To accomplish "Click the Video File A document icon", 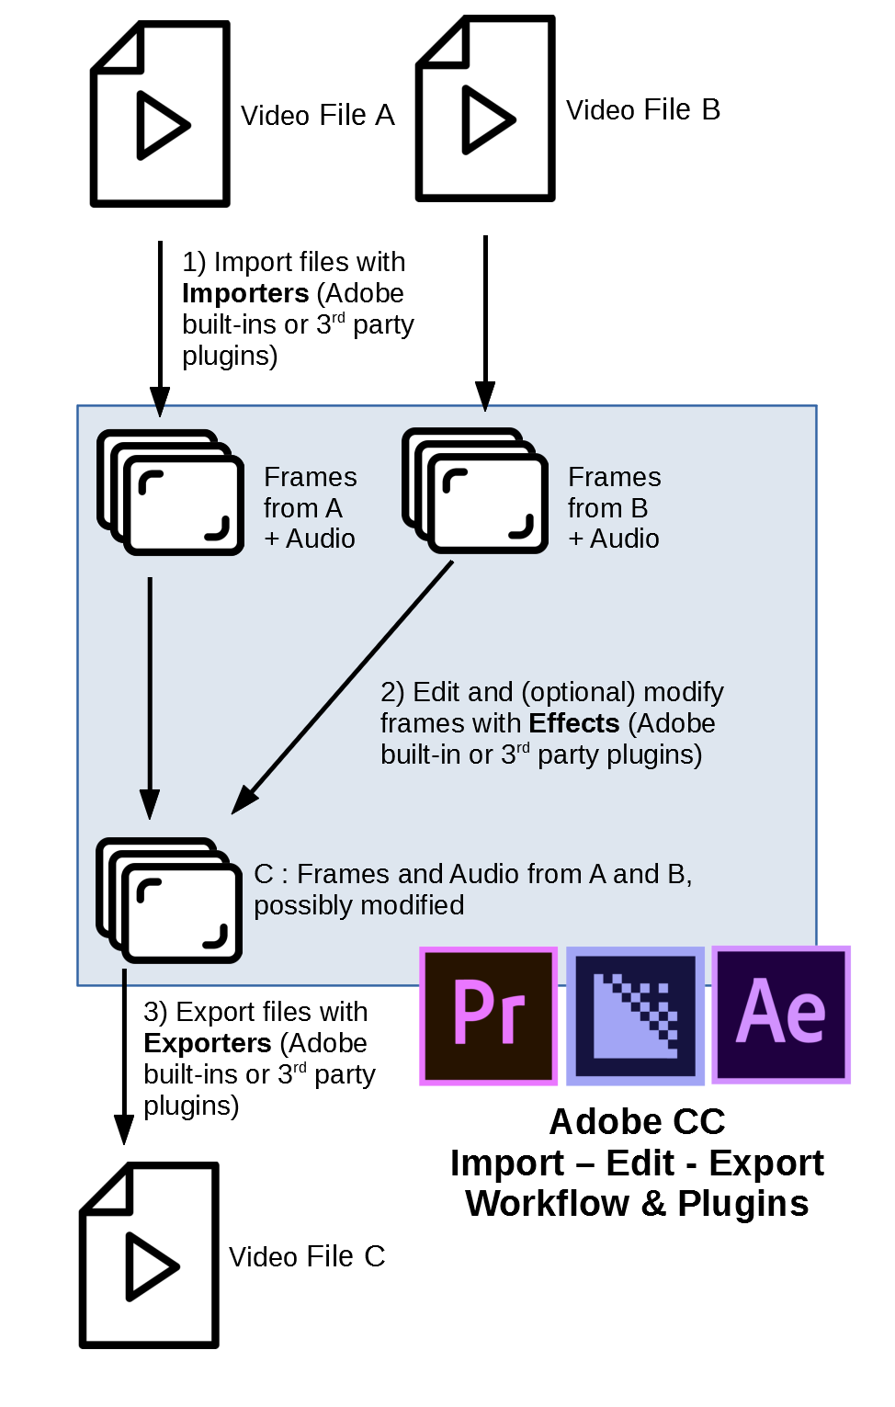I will click(160, 114).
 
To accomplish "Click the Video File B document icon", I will click(485, 108).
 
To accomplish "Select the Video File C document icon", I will click(149, 1255).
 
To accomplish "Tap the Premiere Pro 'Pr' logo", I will click(489, 1016).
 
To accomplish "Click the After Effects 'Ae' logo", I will click(781, 1015).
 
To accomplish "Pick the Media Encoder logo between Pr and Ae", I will click(635, 1016).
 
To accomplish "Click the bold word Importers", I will click(245, 293).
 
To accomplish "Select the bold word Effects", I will click(574, 723).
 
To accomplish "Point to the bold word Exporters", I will click(208, 1043).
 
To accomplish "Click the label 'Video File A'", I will click(317, 116).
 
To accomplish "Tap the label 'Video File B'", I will click(642, 110).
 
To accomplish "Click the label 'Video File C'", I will click(307, 1256).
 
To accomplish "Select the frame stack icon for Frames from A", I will click(171, 493).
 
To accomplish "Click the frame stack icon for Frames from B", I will click(475, 491).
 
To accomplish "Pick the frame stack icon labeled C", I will click(169, 901).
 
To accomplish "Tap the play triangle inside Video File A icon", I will click(162, 125).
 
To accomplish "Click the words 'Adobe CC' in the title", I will click(637, 1122).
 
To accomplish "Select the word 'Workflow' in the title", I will click(547, 1204).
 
